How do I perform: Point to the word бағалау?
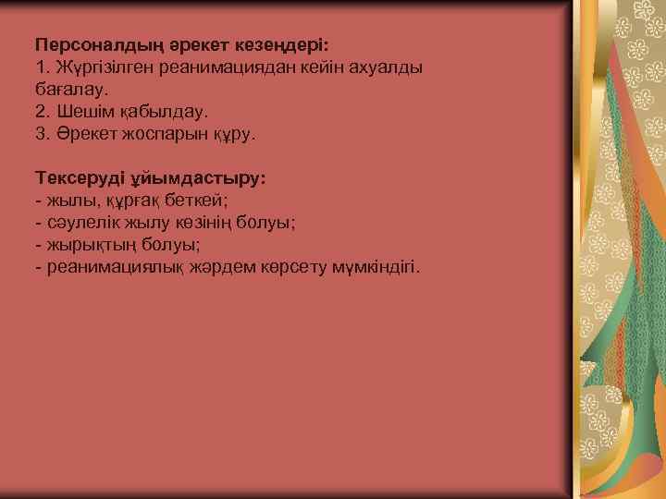[72, 90]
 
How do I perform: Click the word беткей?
[198, 201]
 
